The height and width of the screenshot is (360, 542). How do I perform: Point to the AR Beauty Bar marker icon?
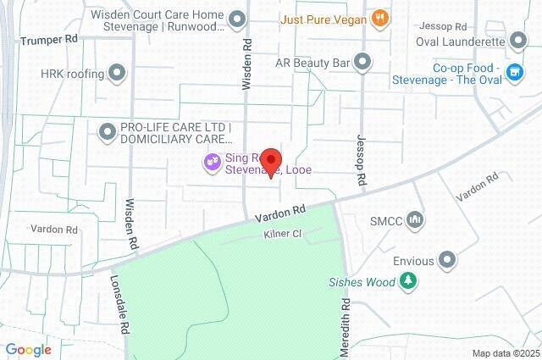(362, 61)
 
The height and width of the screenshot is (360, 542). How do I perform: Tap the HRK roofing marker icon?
(117, 74)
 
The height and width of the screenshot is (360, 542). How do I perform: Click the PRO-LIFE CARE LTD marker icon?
(107, 132)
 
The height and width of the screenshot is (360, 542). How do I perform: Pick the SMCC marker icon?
(415, 221)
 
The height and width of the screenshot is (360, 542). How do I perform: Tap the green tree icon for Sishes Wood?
(410, 280)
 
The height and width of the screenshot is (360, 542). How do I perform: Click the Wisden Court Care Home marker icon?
(238, 19)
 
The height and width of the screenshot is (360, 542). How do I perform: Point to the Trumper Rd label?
(48, 40)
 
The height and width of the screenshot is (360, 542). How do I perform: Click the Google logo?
(29, 349)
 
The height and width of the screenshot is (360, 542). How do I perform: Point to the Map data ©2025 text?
(505, 353)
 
